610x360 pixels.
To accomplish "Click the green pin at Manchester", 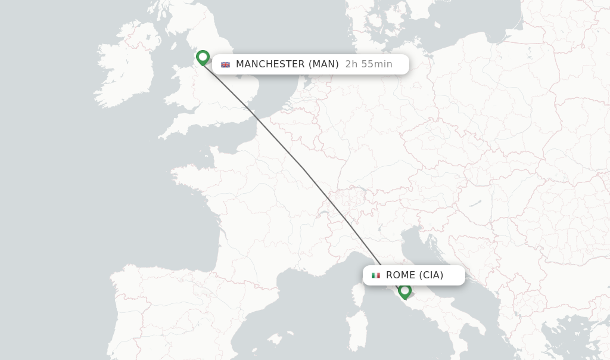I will tap(203, 57).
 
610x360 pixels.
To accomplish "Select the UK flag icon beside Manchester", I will tap(225, 64).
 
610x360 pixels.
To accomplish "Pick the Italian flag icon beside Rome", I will tap(376, 275).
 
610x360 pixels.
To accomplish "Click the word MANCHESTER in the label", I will tap(270, 64).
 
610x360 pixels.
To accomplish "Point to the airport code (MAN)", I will tap(323, 64).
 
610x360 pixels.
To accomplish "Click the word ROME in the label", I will tap(401, 275).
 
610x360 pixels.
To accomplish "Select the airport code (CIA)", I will tap(431, 275).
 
